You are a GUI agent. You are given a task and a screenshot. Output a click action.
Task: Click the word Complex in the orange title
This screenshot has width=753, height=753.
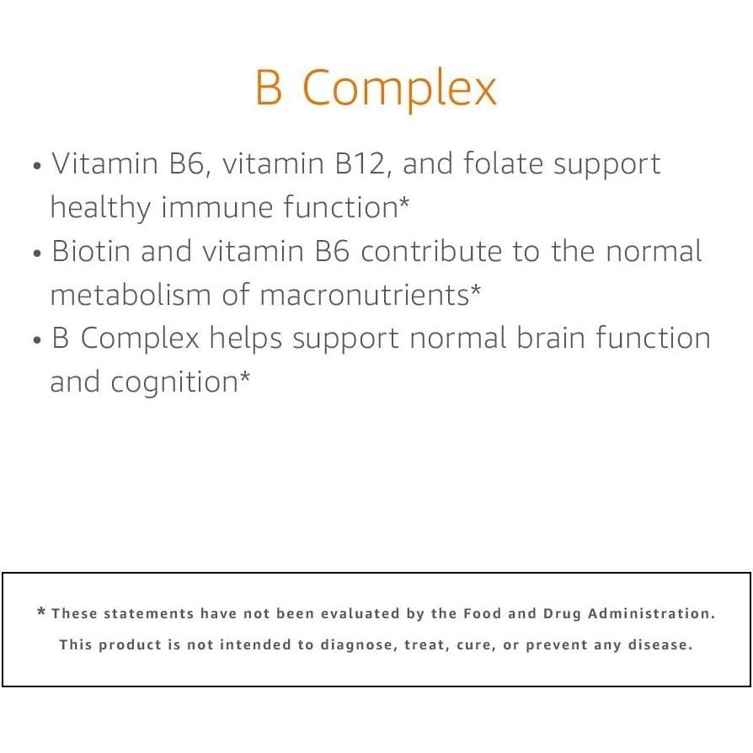[x=399, y=88]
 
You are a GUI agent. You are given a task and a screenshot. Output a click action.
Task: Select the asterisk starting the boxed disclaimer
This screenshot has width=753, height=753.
[x=41, y=612]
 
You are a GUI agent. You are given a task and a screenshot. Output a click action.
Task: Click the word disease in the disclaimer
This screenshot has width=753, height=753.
[x=663, y=645]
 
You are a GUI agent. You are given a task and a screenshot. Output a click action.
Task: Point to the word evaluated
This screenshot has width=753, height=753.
[x=360, y=614]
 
